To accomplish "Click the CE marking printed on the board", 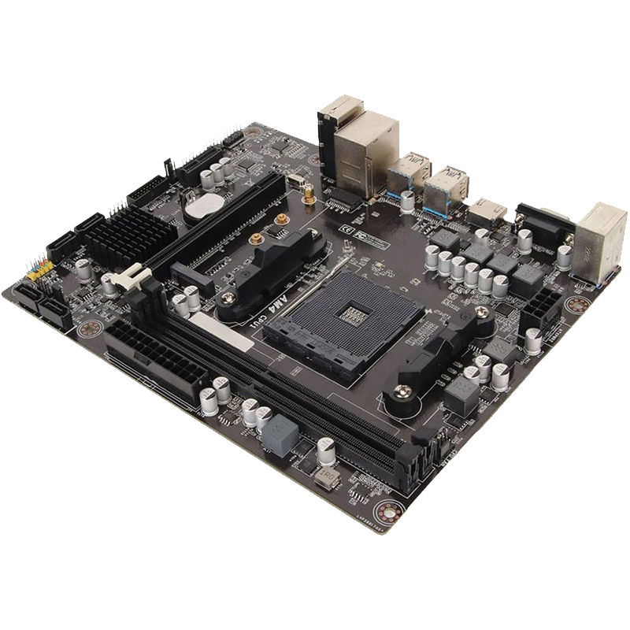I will click(x=344, y=228).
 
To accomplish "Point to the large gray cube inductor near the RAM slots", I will click(x=280, y=437).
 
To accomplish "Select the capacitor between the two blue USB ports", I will click(x=407, y=202).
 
